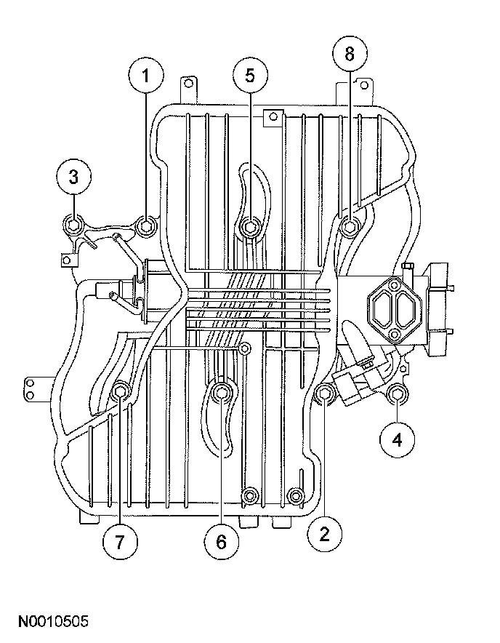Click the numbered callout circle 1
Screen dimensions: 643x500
click(147, 76)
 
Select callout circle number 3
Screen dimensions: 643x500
click(76, 177)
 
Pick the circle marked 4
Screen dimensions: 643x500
click(397, 440)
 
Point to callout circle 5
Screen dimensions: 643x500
click(250, 76)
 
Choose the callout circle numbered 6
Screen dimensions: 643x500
click(221, 541)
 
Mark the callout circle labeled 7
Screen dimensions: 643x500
click(119, 541)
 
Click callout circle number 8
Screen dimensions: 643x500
click(350, 55)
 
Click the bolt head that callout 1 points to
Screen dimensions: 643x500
click(146, 228)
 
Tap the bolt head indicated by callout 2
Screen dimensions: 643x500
click(326, 394)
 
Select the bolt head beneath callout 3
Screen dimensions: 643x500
click(73, 226)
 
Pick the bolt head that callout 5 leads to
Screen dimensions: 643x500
click(250, 228)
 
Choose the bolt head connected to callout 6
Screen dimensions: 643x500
click(222, 394)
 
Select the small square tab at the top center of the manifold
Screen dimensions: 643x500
click(272, 116)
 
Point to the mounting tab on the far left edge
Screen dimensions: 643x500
click(31, 388)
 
